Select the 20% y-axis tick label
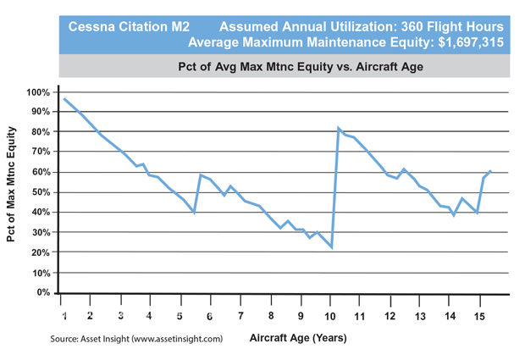point(41,252)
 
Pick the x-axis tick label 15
point(480,316)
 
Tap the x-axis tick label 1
point(64,316)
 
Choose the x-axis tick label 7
point(240,316)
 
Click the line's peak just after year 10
point(339,129)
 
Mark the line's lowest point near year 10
point(332,247)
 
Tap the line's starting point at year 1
point(64,99)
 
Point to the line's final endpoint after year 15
point(491,171)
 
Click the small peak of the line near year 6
point(201,174)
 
